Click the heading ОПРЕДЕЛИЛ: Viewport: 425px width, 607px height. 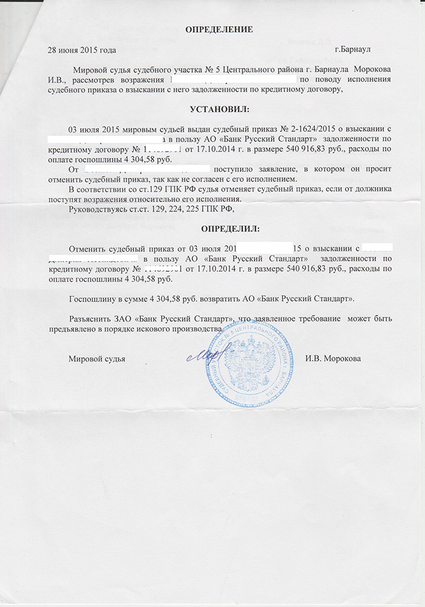point(229,229)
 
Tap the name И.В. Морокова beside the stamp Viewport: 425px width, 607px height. point(333,359)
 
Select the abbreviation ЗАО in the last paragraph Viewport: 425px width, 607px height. point(123,318)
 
